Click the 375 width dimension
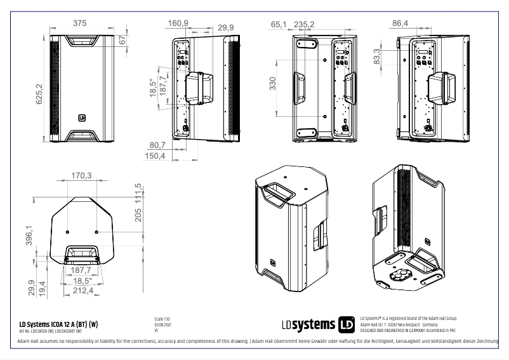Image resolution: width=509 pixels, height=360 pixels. point(79,23)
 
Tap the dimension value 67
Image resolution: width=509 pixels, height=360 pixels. point(122,40)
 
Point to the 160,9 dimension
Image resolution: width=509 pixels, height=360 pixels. point(178,23)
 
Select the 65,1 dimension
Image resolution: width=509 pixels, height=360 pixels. point(279,24)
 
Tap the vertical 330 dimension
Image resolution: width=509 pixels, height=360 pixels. point(272,84)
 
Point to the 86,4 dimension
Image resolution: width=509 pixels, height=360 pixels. point(400,23)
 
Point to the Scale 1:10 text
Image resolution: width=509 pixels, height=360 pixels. point(162,319)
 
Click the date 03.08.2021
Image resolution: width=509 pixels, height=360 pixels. point(164,325)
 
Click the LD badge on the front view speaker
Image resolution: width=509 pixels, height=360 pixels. point(81,117)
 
